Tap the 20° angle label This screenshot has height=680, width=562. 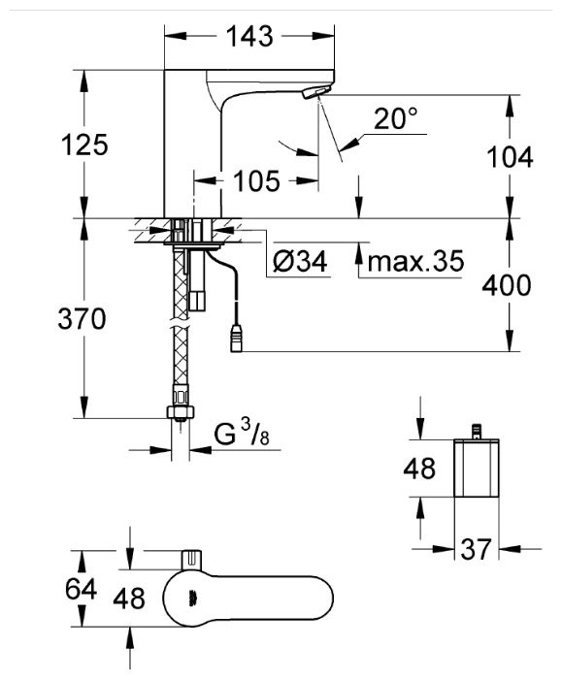[396, 118]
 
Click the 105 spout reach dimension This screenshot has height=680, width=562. [256, 180]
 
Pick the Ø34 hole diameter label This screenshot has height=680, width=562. [300, 261]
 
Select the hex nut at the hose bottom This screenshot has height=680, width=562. [178, 409]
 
